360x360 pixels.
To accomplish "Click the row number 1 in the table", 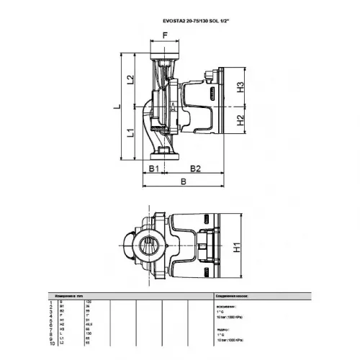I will coord(52,302).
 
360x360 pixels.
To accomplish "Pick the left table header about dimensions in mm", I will coord(71,295).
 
